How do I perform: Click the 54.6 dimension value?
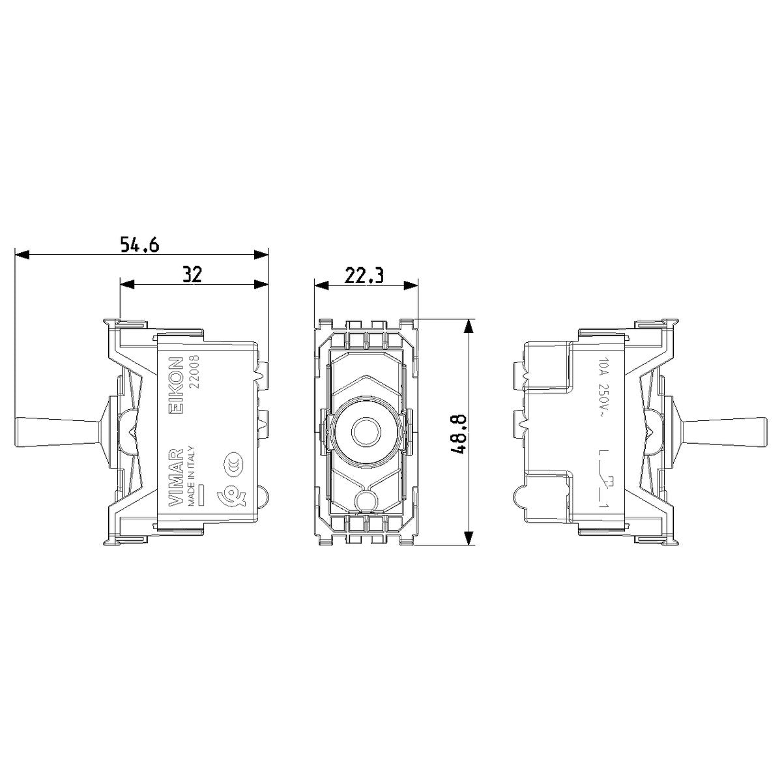140,245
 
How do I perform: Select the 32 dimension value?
192,275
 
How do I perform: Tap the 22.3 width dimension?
364,276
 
